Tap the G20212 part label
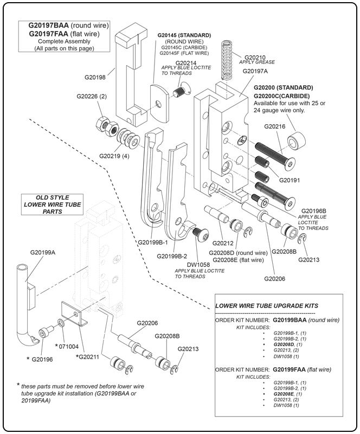coord(222,243)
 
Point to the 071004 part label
coord(68,346)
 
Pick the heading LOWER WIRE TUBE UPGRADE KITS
coord(266,306)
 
